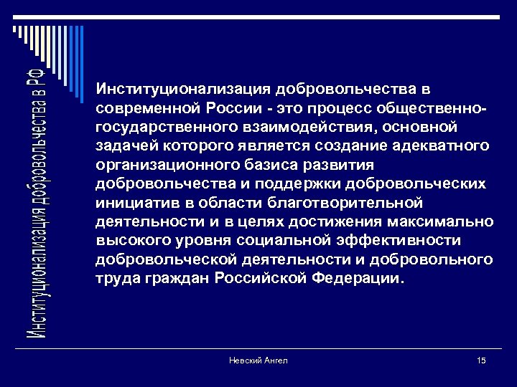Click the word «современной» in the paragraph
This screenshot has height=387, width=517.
point(139,108)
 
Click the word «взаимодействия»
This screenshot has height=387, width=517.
point(277,127)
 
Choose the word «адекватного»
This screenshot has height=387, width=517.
point(439,145)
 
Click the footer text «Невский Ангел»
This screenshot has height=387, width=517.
point(258,360)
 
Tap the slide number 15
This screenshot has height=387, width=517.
point(480,360)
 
